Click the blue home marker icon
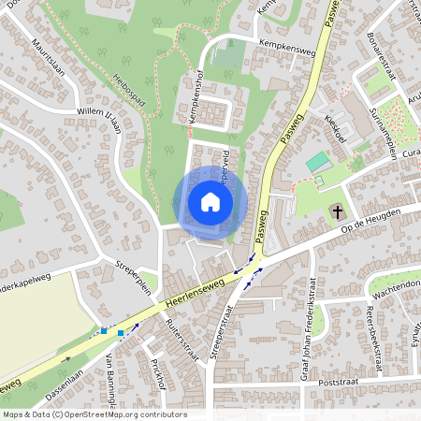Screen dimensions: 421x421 point(210,202)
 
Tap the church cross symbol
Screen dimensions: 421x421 point(336,213)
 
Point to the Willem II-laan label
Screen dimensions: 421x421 point(106,119)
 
